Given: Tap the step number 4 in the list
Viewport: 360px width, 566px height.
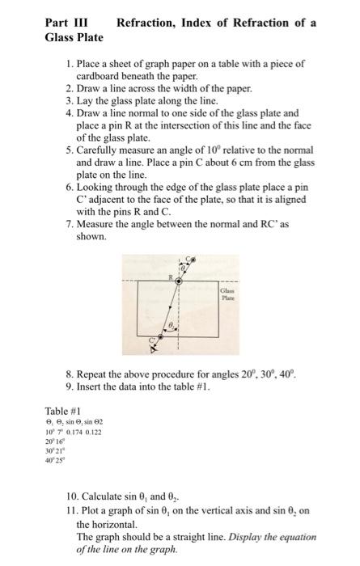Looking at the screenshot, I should click(68, 114).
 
